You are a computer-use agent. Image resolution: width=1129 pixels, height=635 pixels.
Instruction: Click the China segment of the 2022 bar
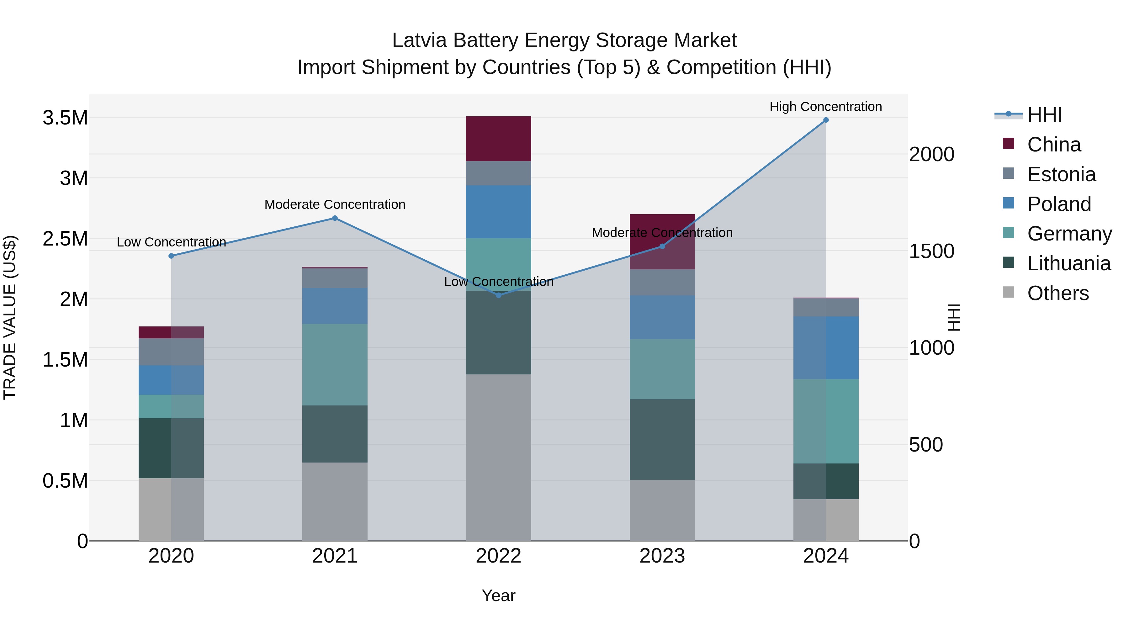click(498, 139)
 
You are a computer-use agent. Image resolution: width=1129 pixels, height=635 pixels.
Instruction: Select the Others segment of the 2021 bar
click(335, 501)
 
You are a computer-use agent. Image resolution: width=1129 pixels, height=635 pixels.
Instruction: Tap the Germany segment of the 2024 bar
click(826, 421)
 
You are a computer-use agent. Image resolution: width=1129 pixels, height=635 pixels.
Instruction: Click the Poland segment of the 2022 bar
click(498, 212)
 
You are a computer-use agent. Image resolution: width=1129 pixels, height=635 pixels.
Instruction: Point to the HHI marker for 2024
click(826, 120)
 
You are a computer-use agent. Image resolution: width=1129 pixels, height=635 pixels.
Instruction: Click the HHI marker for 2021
click(335, 218)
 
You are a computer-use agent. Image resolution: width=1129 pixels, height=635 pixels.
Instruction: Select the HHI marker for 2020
click(171, 256)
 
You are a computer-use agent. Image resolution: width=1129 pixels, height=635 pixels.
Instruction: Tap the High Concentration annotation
click(826, 107)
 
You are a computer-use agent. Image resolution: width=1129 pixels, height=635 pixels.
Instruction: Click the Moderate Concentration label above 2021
click(335, 205)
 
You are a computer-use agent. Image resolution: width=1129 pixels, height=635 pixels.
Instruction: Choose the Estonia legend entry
click(1061, 174)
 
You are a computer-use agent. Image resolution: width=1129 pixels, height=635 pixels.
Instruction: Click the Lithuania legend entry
click(1068, 263)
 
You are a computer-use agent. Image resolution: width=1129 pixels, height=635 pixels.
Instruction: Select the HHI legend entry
click(1044, 115)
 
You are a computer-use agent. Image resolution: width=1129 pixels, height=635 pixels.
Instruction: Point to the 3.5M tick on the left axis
click(65, 118)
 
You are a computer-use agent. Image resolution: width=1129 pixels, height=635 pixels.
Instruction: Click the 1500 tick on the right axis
click(931, 251)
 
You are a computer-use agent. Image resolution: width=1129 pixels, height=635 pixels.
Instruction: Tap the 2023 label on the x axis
click(662, 556)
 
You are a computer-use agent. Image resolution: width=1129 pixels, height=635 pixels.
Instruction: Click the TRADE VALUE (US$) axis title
click(10, 317)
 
